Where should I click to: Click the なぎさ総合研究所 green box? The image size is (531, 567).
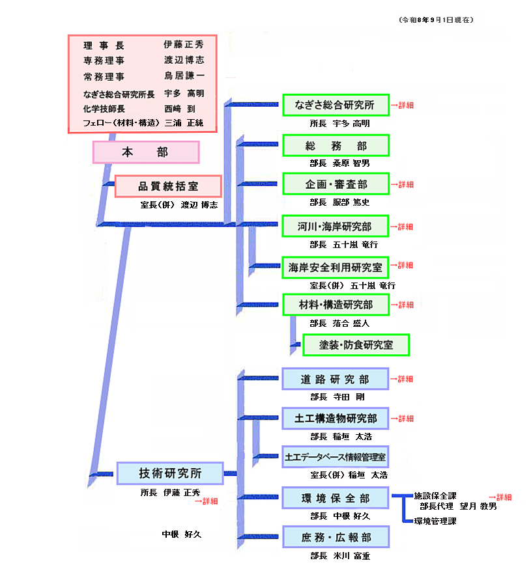336,105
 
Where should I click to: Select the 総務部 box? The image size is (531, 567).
336,146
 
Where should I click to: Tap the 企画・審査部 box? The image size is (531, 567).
336,184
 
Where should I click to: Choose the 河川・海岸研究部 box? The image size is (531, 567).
336,227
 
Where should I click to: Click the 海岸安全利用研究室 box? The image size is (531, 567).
336,268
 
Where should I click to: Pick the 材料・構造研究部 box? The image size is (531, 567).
336,305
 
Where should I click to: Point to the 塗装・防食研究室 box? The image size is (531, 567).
356,345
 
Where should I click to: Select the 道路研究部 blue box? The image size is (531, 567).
336,379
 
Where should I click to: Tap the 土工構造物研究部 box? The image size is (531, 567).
336,419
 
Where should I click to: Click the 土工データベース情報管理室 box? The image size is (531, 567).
336,457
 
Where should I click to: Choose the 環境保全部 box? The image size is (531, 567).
336,498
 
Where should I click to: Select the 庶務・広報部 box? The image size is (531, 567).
336,537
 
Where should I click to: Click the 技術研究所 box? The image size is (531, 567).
170,473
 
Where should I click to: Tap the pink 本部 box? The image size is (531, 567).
146,152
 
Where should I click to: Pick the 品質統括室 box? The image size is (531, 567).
168,187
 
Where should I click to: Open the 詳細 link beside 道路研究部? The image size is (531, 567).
402,379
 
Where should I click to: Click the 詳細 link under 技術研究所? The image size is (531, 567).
207,501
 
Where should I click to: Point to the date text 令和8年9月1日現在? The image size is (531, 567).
436,20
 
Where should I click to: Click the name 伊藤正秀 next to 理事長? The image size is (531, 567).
184,44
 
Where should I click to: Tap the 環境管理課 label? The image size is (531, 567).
435,521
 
